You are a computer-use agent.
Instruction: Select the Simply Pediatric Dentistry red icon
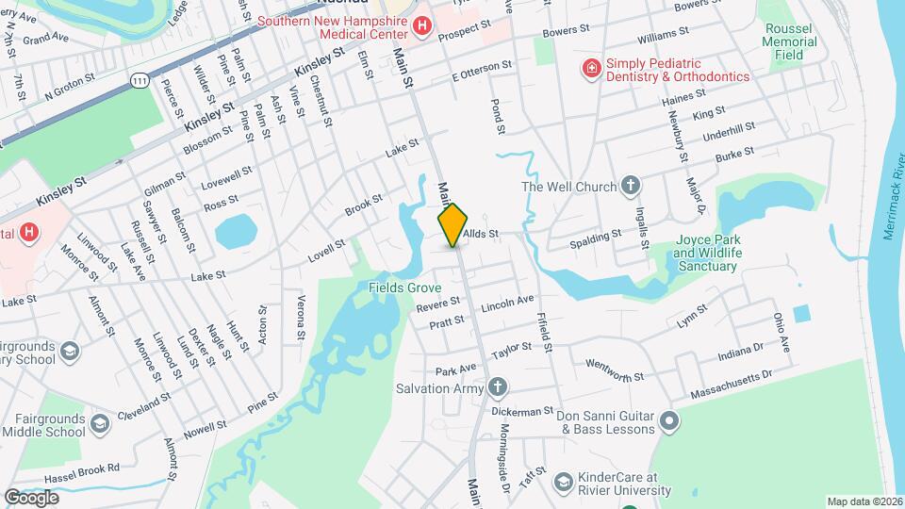[x=591, y=68]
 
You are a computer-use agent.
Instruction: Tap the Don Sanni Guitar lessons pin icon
[x=668, y=420]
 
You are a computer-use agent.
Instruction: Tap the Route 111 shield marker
[x=140, y=82]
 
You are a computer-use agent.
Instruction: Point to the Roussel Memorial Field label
[x=790, y=41]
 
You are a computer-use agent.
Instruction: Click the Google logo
[x=31, y=497]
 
